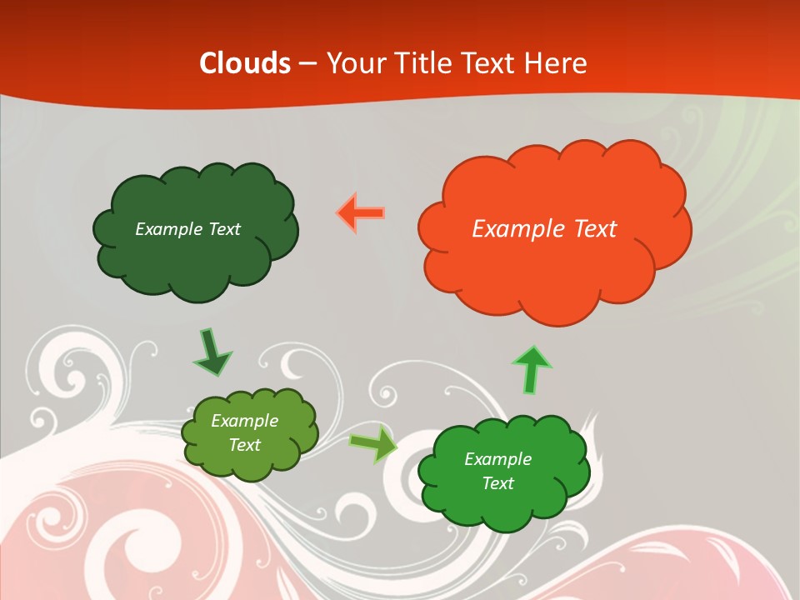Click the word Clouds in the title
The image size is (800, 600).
(x=245, y=63)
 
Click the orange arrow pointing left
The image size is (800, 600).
(x=361, y=212)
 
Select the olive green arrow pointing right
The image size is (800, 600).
(x=373, y=443)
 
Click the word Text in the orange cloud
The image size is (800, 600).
(x=595, y=229)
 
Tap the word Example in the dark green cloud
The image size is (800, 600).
(x=169, y=229)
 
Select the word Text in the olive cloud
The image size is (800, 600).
(x=245, y=445)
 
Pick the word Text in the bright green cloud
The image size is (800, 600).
(x=497, y=483)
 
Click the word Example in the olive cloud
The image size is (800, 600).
(x=245, y=421)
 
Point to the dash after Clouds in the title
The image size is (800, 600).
(x=307, y=64)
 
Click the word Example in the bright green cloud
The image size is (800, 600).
(x=497, y=459)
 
